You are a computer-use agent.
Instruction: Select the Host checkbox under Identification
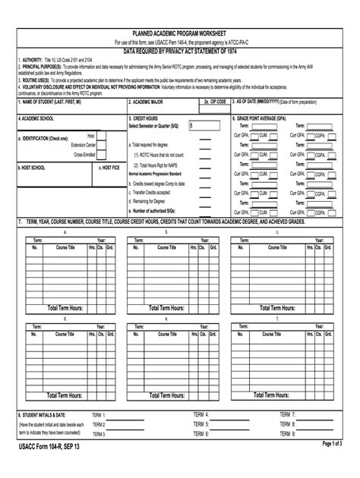101,136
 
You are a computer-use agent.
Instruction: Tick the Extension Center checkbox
101,144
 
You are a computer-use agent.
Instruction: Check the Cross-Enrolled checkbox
101,153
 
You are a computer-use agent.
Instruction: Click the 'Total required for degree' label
154,144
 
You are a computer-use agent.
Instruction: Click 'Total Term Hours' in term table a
65,308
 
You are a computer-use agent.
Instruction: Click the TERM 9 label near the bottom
287,434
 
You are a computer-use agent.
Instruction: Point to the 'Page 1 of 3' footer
332,444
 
